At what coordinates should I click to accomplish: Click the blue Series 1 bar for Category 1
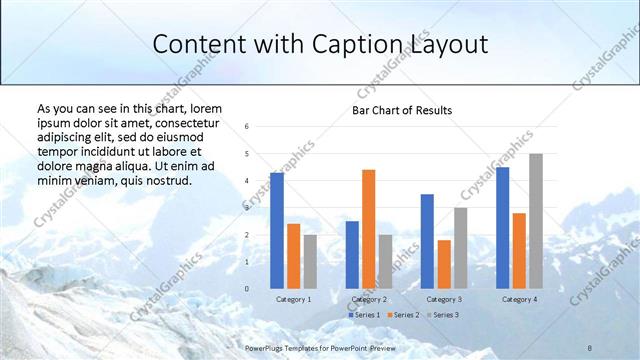click(x=277, y=231)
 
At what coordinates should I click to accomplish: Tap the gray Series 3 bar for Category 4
click(x=535, y=221)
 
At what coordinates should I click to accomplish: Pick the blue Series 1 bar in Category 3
click(x=427, y=241)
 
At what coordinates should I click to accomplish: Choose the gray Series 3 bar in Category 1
click(x=310, y=262)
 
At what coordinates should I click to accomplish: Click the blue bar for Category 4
click(x=502, y=228)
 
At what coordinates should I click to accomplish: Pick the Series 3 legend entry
click(x=443, y=315)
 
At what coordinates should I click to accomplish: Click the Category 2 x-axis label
click(x=369, y=299)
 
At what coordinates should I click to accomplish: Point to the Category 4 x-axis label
click(x=519, y=299)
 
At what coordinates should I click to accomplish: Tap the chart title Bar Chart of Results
click(x=402, y=110)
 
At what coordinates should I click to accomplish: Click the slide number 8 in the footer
click(x=590, y=347)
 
